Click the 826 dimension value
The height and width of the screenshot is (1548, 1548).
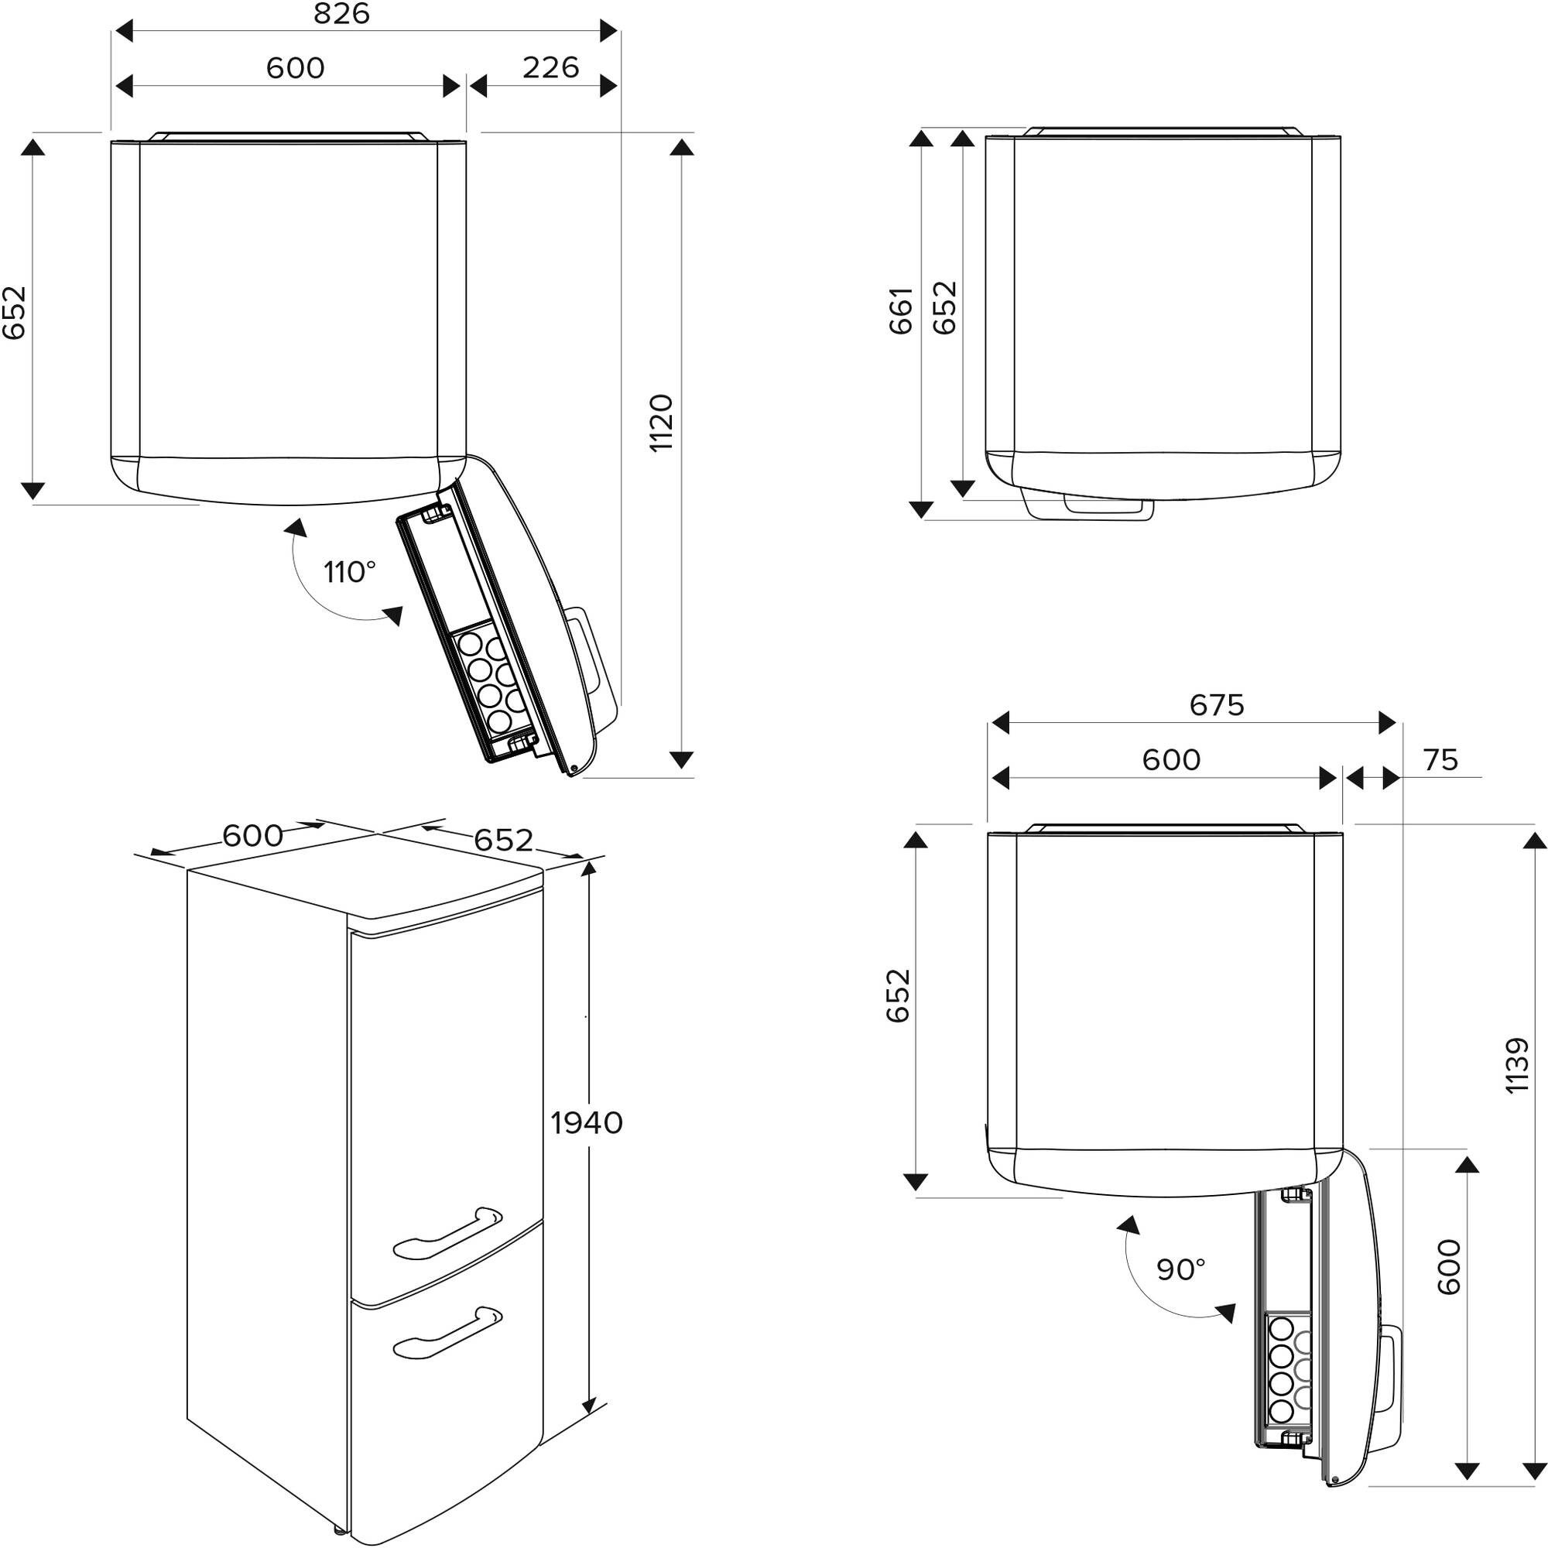[x=341, y=14]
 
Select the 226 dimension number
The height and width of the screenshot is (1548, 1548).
[x=550, y=67]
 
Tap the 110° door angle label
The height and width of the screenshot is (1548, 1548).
[x=349, y=572]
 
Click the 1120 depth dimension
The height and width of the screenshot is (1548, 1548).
[x=661, y=423]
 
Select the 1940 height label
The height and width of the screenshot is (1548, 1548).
[x=587, y=1123]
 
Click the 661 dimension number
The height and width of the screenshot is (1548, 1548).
[x=901, y=310]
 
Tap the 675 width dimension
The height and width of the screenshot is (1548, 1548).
[x=1216, y=705]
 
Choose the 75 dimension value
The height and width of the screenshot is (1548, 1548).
[x=1440, y=759]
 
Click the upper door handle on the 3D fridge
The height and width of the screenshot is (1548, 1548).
[x=447, y=1232]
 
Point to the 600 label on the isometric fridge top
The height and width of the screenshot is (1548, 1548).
[x=252, y=837]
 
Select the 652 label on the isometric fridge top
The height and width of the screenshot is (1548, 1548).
[x=503, y=840]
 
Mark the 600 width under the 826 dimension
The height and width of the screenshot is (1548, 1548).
[x=296, y=68]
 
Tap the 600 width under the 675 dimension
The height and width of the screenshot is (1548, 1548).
[x=1170, y=759]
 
